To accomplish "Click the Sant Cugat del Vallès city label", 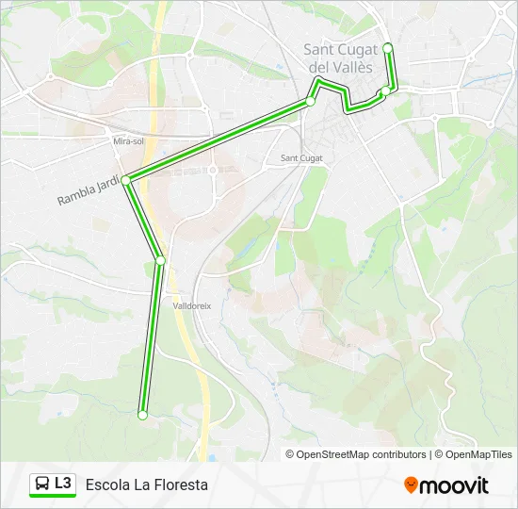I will click(340, 58).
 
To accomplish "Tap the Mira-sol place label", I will click(128, 140).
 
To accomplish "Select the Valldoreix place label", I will click(191, 305).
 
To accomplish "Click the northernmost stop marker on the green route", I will click(387, 47).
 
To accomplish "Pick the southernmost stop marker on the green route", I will click(142, 415).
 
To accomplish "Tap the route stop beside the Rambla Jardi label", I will click(126, 179).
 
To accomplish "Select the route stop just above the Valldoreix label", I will click(161, 260).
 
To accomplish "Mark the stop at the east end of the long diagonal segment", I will click(310, 101).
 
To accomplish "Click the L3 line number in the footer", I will click(63, 484).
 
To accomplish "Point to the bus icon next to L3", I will click(42, 484).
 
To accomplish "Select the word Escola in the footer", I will click(106, 484).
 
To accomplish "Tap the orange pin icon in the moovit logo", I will click(411, 484).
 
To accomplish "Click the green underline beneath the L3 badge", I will click(53, 497).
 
